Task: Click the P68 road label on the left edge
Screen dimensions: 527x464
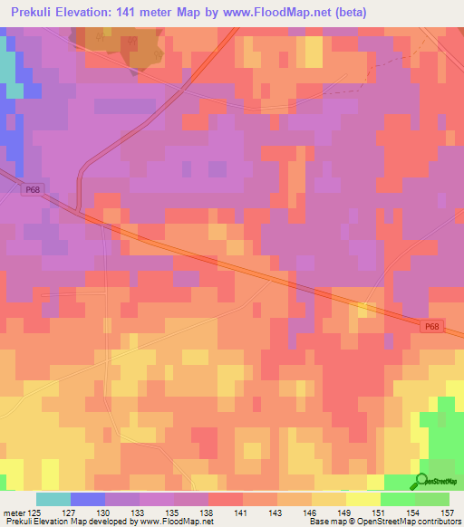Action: point(33,188)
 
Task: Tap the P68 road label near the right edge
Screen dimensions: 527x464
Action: point(433,327)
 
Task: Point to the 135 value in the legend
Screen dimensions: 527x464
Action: point(179,512)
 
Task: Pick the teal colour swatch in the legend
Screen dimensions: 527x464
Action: point(53,499)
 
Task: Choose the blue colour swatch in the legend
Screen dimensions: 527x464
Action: point(87,499)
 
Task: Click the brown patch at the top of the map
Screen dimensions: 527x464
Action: point(118,45)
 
